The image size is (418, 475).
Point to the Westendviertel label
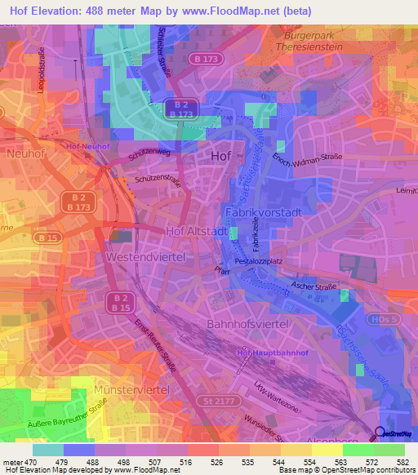tap(147, 256)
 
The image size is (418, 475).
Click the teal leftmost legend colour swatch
tap(47, 450)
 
